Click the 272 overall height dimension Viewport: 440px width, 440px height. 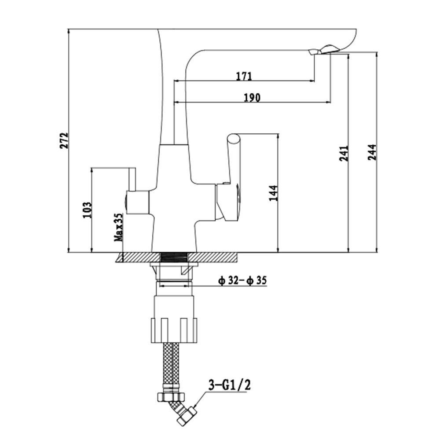point(64,140)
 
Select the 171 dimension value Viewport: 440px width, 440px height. point(244,76)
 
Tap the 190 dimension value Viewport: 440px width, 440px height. point(252,98)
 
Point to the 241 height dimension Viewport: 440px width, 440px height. point(344,153)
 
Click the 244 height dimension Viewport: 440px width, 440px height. point(372,152)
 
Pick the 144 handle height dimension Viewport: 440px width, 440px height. point(273,193)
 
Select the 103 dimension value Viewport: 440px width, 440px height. point(87,210)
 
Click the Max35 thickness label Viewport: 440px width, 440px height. point(118,227)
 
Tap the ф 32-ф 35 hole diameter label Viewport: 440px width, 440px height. point(242,280)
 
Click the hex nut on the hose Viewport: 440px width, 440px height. point(171,396)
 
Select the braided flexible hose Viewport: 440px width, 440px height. point(171,367)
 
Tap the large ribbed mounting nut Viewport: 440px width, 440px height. point(174,330)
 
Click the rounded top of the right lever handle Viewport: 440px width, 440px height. point(234,139)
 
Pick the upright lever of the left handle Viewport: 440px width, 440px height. point(132,180)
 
